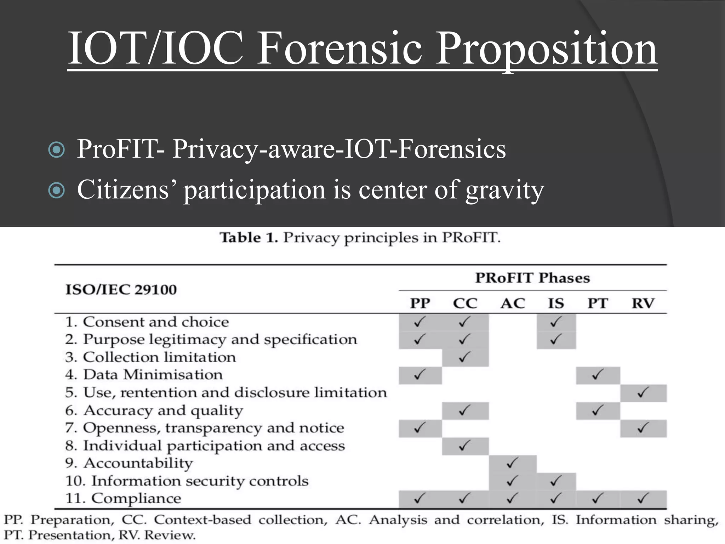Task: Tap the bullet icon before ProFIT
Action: (56, 149)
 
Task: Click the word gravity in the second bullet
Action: (504, 190)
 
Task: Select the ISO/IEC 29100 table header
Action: (121, 290)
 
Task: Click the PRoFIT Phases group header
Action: (532, 278)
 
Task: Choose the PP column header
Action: (420, 304)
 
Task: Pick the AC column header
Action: (512, 304)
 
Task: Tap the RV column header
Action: (643, 304)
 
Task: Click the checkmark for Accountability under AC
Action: (512, 463)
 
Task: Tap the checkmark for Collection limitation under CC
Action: (464, 357)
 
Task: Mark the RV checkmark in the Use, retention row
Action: (643, 392)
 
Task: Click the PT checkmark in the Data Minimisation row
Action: (597, 375)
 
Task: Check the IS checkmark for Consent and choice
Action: (556, 322)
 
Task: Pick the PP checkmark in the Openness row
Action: (419, 428)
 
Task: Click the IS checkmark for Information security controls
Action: (556, 481)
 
